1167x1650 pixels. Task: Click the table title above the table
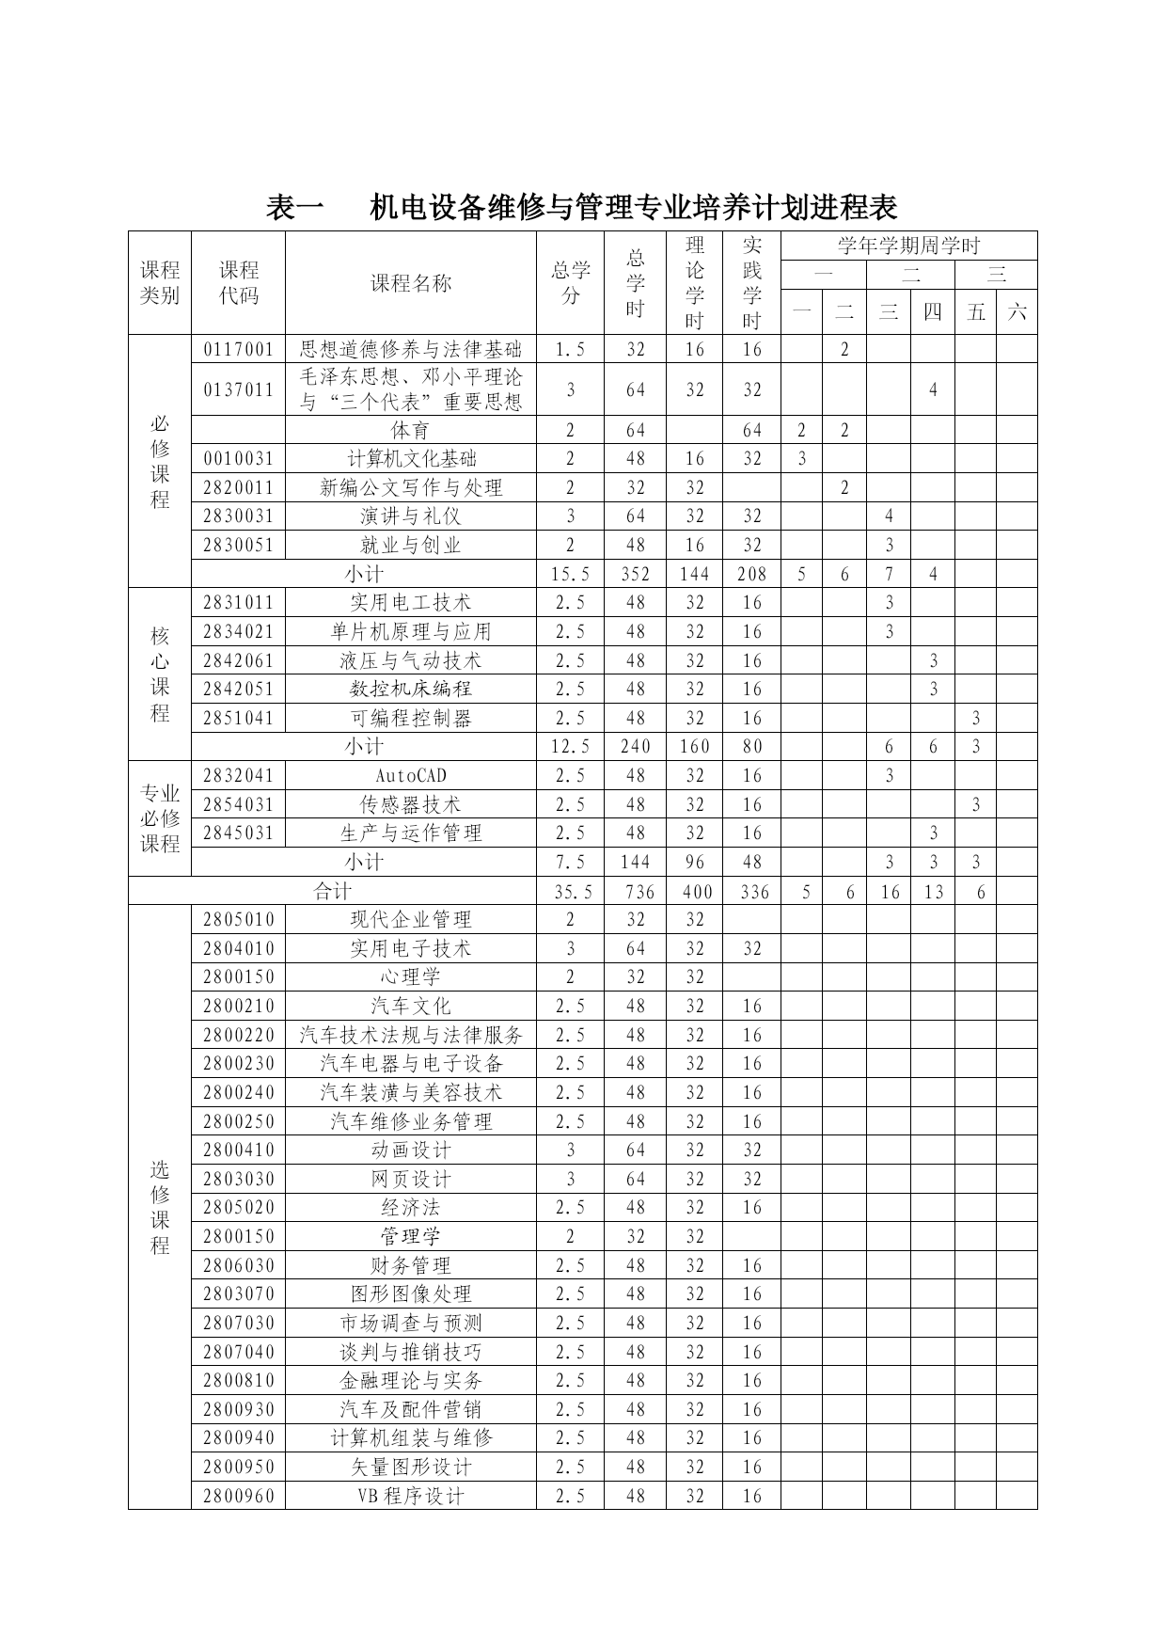[x=582, y=207]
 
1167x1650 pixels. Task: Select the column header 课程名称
[x=411, y=283]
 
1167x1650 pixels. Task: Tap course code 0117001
[x=238, y=350]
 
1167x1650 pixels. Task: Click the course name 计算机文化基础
[x=411, y=459]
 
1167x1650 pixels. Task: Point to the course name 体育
[x=411, y=431]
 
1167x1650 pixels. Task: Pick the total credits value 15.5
[x=570, y=574]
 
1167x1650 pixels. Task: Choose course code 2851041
[x=238, y=719]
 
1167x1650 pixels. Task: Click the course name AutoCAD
[x=411, y=776]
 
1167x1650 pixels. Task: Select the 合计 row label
[x=332, y=892]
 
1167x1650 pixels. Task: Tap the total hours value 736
[x=636, y=892]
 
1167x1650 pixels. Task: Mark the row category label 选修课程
[x=160, y=1208]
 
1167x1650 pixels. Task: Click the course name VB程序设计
[x=411, y=1496]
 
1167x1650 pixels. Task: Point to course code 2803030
[x=238, y=1180]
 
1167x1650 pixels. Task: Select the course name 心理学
[x=411, y=977]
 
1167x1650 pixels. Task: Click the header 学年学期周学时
[x=908, y=246]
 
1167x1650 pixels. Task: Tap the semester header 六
[x=1017, y=312]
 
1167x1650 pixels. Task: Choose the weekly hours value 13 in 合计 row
[x=933, y=892]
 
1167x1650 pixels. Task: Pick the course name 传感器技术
[x=411, y=805]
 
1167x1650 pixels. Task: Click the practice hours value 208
[x=751, y=574]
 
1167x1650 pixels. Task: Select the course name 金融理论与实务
[x=411, y=1381]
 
